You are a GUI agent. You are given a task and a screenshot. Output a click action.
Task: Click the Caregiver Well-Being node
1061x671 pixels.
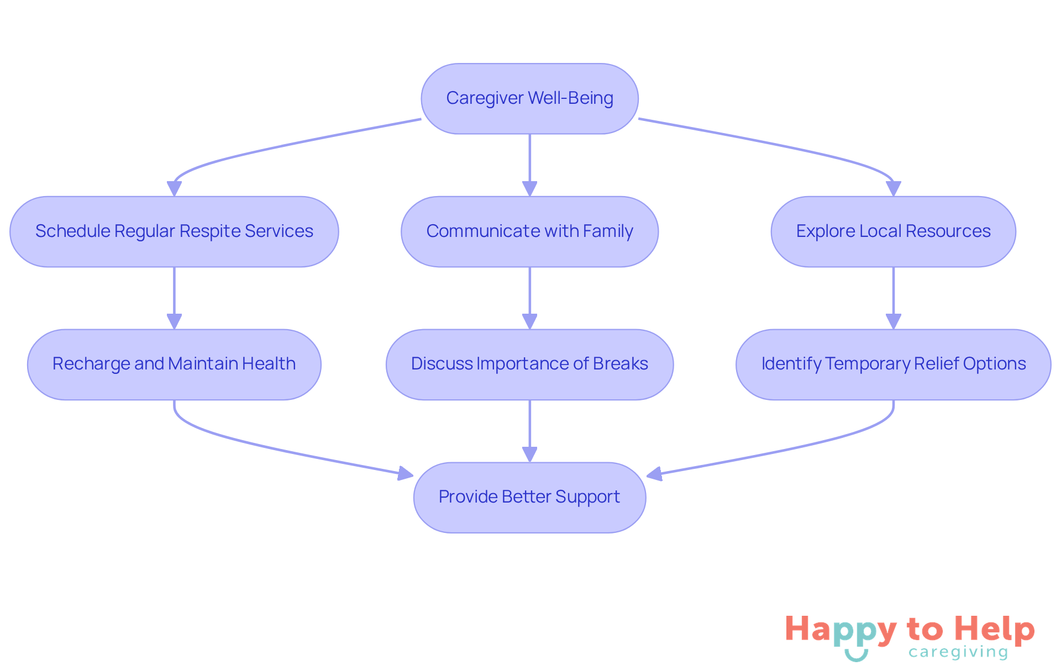pyautogui.click(x=529, y=98)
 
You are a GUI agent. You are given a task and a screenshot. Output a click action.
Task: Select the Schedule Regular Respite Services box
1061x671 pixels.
pyautogui.click(x=174, y=231)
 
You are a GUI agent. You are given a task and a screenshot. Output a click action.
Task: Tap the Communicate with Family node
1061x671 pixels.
pyautogui.click(x=529, y=231)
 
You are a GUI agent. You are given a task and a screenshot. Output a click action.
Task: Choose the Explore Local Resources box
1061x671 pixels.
pyautogui.click(x=893, y=231)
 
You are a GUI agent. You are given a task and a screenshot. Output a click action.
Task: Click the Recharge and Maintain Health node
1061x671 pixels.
pyautogui.click(x=174, y=364)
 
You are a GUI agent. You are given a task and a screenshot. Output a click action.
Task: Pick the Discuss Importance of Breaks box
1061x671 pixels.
pyautogui.click(x=529, y=364)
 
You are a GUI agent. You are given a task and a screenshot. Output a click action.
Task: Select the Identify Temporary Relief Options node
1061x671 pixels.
pyautogui.click(x=893, y=364)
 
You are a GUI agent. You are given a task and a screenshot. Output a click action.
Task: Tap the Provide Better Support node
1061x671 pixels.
pyautogui.click(x=529, y=497)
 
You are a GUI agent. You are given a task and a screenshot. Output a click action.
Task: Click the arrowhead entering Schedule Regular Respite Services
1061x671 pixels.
pyautogui.click(x=174, y=189)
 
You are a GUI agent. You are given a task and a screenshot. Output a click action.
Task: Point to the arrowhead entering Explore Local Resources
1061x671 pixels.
pyautogui.click(x=893, y=189)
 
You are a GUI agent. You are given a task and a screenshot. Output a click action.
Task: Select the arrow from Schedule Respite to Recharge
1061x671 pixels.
pyautogui.click(x=174, y=293)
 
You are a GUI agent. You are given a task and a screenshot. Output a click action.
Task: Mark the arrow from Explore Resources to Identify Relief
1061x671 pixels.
pyautogui.click(x=893, y=293)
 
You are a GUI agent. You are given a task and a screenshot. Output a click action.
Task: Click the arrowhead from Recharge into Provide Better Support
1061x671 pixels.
pyautogui.click(x=406, y=473)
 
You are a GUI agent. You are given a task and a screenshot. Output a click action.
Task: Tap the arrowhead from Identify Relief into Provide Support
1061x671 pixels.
pyautogui.click(x=654, y=474)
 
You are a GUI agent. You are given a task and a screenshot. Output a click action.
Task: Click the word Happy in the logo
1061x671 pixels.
pyautogui.click(x=841, y=630)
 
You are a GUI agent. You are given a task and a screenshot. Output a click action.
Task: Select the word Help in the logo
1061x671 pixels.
pyautogui.click(x=994, y=629)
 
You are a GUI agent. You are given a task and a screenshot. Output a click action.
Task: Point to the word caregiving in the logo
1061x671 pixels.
pyautogui.click(x=958, y=652)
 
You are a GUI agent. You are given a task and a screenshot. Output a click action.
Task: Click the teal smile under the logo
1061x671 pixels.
pyautogui.click(x=856, y=656)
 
